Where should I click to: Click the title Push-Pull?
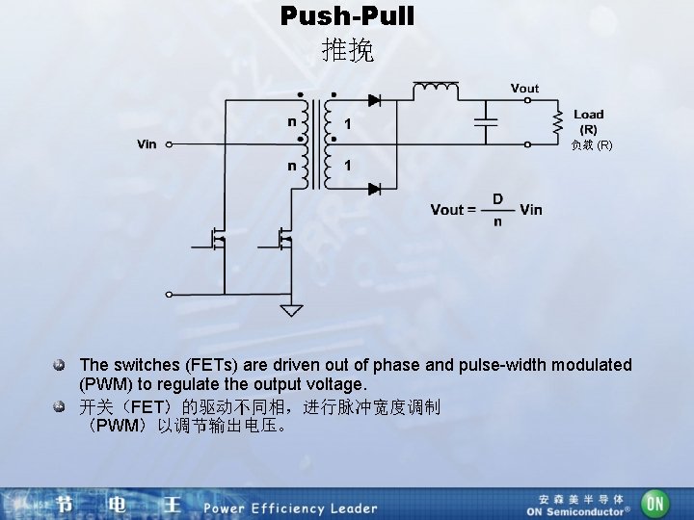[347, 16]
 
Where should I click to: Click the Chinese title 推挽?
[347, 50]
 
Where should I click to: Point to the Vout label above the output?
[524, 88]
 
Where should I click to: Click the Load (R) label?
[588, 121]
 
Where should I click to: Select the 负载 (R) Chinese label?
[591, 145]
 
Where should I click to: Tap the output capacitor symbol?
[484, 121]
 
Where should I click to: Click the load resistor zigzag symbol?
[556, 121]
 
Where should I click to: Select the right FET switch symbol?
[284, 238]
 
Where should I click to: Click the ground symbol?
[290, 310]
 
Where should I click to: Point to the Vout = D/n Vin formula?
[486, 209]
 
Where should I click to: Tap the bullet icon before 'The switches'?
[60, 366]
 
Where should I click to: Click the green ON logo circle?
[655, 503]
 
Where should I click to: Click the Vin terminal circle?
[170, 145]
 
